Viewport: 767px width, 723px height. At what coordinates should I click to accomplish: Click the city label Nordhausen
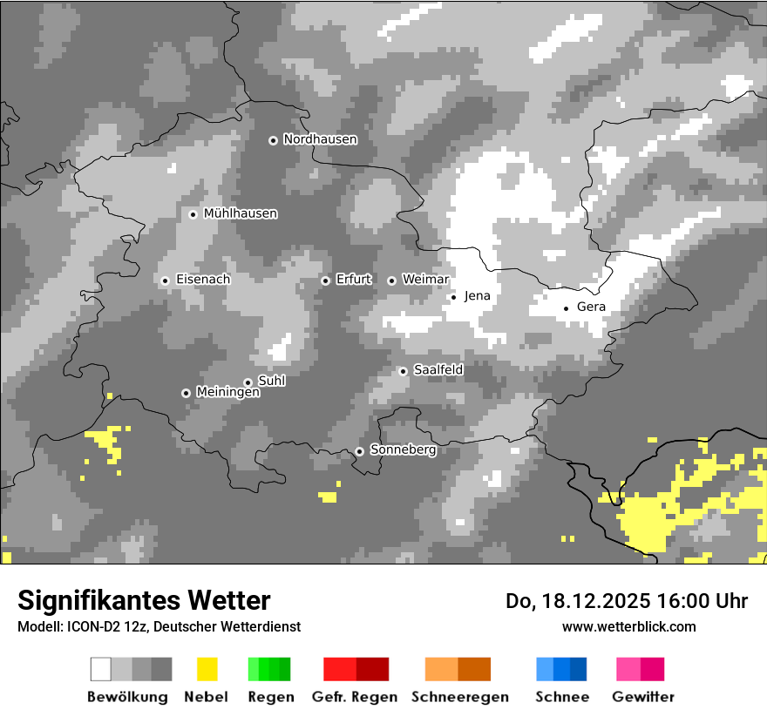(x=320, y=139)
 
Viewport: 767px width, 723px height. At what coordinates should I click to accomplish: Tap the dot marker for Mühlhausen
(x=193, y=214)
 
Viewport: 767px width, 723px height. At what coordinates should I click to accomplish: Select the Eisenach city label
(x=203, y=280)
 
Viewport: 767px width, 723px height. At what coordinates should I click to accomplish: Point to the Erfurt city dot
(x=325, y=280)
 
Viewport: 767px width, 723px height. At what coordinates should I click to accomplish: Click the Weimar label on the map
(x=425, y=280)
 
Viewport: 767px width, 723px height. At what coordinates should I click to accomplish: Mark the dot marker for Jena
(x=453, y=297)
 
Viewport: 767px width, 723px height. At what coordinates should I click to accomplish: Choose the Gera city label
(x=591, y=307)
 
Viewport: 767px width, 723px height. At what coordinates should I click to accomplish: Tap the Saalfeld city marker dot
(x=403, y=371)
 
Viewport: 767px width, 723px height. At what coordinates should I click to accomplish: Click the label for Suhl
(x=272, y=381)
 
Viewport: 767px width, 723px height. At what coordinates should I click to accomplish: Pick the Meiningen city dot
(x=186, y=393)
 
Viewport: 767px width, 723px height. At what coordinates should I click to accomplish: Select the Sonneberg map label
(x=403, y=450)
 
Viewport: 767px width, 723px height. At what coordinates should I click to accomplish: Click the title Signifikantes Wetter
(x=144, y=601)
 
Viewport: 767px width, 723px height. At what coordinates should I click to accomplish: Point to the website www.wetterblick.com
(x=628, y=627)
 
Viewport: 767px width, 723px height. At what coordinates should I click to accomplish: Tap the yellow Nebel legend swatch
(x=207, y=669)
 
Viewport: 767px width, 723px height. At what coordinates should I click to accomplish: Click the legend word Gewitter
(x=643, y=697)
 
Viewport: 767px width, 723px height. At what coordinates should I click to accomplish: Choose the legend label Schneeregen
(x=460, y=697)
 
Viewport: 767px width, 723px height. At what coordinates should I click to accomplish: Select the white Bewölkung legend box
(x=101, y=669)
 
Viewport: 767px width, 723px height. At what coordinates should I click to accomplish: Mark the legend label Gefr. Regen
(x=355, y=697)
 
